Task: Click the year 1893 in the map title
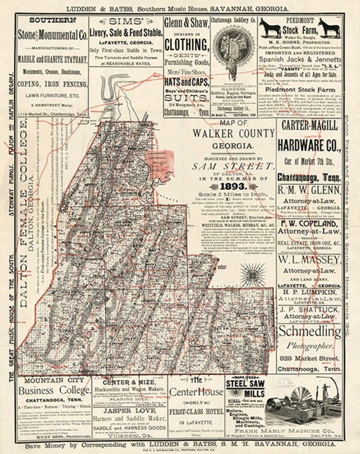(233, 186)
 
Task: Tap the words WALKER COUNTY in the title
(234, 133)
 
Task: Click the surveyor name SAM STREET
(233, 166)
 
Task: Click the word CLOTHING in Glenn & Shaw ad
(186, 45)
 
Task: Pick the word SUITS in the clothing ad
(186, 98)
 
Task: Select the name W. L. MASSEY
(309, 260)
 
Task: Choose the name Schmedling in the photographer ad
(310, 331)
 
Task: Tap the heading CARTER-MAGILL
(310, 126)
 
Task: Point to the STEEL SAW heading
(245, 384)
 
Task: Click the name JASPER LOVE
(129, 411)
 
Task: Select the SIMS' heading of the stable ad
(126, 22)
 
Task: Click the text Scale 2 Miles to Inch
(233, 194)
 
